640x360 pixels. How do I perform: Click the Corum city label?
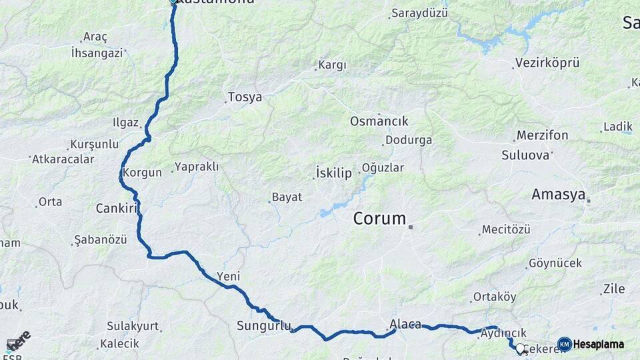[379, 218]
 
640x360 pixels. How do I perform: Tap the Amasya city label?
[558, 195]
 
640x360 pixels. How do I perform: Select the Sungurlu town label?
[264, 326]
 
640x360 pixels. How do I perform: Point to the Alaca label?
[405, 325]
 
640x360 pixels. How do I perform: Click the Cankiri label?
[116, 208]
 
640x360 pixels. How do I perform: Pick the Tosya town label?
[245, 97]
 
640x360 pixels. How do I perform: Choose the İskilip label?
[333, 173]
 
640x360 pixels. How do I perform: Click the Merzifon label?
[542, 136]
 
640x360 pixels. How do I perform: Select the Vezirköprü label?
[547, 63]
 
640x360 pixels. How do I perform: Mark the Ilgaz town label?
[125, 123]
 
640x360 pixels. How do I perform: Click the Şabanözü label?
[100, 239]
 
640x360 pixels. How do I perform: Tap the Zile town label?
[613, 289]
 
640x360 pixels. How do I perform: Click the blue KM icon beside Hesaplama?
[565, 344]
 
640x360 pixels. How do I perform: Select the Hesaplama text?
[599, 344]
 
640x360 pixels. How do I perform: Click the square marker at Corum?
[411, 227]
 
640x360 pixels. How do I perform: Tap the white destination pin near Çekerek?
[520, 347]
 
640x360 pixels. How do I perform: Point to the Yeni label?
[228, 277]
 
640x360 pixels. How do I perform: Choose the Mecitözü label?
[506, 229]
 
